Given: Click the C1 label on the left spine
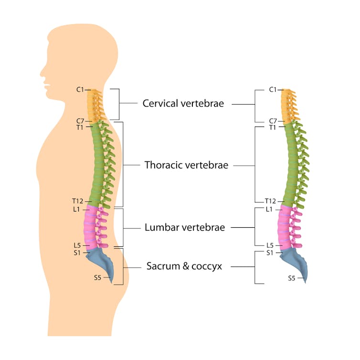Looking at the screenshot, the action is pyautogui.click(x=80, y=90).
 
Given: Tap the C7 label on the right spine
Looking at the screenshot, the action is pyautogui.click(x=273, y=121).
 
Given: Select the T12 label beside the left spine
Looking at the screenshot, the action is pyautogui.click(x=78, y=201).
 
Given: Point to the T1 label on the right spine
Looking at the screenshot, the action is pyautogui.click(x=273, y=127).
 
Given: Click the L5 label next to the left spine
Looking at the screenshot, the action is pyautogui.click(x=77, y=245).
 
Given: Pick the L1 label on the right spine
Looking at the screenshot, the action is pyautogui.click(x=269, y=210).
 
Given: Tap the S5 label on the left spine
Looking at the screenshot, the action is pyautogui.click(x=97, y=278).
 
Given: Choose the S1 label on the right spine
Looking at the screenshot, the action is pyautogui.click(x=270, y=253).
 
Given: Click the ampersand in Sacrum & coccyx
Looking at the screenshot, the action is pyautogui.click(x=186, y=266).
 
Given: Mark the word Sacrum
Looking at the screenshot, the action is pyautogui.click(x=163, y=266).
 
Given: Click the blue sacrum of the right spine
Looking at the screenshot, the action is pyautogui.click(x=296, y=262).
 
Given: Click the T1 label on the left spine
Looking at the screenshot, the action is pyautogui.click(x=80, y=127).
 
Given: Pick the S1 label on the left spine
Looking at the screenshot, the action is pyautogui.click(x=77, y=253).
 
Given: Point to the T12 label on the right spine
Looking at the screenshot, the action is pyautogui.click(x=270, y=201).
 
